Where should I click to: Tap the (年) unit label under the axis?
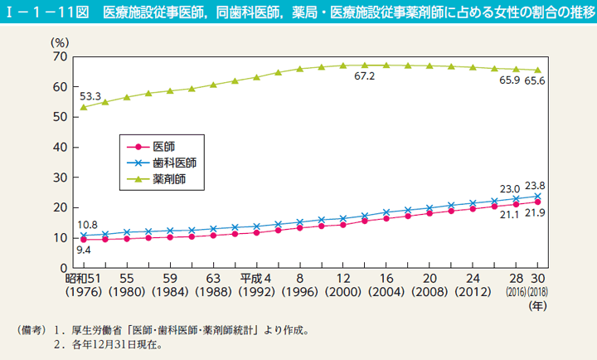[x=538, y=305]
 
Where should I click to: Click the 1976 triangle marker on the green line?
[x=83, y=107]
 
